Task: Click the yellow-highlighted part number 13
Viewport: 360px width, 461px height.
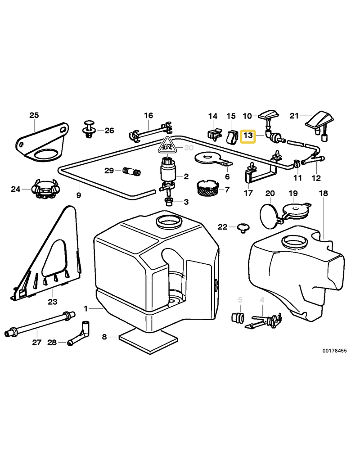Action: [x=248, y=136]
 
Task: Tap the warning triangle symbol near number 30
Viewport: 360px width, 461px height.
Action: [x=167, y=145]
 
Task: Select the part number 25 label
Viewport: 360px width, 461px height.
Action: [x=34, y=115]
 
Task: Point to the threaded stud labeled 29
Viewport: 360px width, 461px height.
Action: [x=132, y=172]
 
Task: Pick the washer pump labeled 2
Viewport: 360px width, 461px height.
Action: [x=168, y=173]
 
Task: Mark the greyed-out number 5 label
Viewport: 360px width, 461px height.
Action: [x=240, y=300]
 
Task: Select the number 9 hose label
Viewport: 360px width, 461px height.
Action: [x=79, y=196]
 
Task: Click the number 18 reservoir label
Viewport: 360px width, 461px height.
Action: [x=323, y=193]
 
